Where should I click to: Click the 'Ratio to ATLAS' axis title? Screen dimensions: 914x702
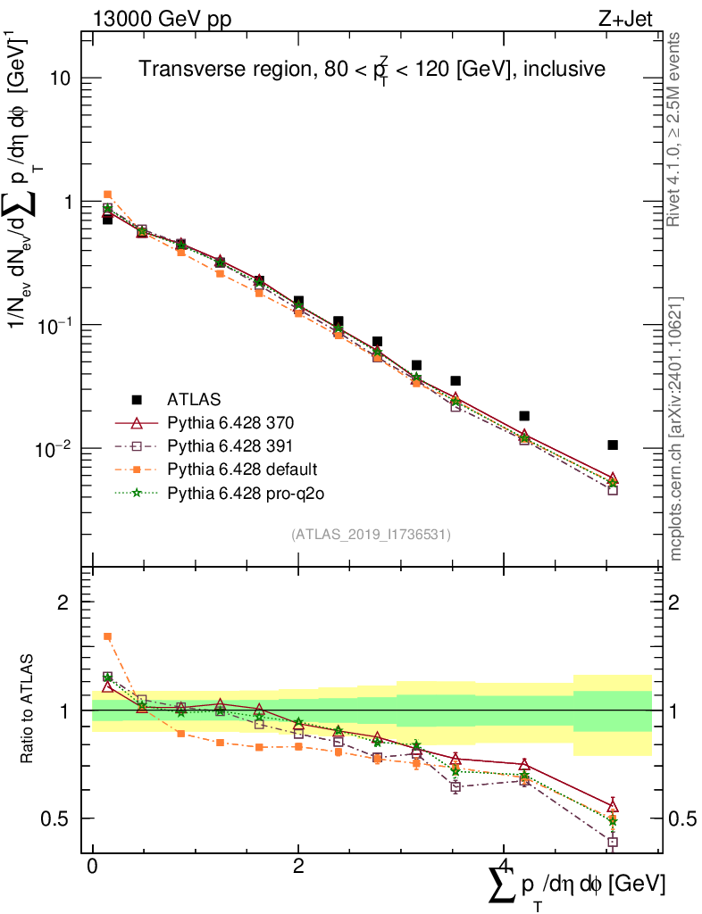29,709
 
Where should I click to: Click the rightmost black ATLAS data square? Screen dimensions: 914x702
612,445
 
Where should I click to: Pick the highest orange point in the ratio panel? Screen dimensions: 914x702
107,636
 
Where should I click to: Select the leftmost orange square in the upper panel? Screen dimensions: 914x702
107,195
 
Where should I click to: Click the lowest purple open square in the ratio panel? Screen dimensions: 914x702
612,842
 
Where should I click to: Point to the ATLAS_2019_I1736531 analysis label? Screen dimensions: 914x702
371,535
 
